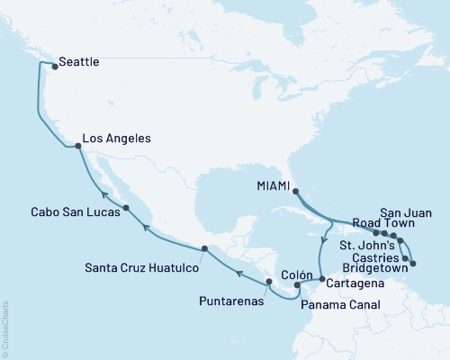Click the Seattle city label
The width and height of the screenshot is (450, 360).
[x=78, y=64]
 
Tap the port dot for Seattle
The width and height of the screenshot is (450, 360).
[x=49, y=65]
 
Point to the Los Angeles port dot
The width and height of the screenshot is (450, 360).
[x=76, y=140]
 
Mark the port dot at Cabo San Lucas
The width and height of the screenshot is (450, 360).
[x=126, y=207]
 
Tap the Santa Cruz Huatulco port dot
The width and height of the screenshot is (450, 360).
[x=205, y=248]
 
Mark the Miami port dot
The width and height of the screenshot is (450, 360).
[x=296, y=187]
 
